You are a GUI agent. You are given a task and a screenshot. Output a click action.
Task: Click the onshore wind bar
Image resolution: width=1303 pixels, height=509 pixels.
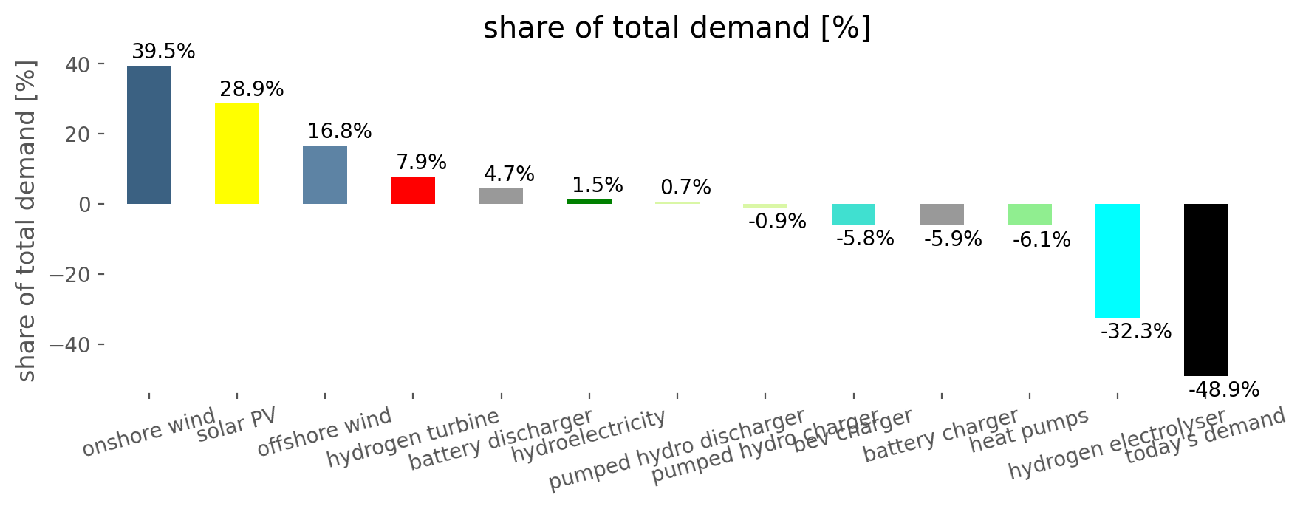[148, 134]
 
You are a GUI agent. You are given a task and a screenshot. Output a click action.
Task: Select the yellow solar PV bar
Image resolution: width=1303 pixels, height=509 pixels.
[237, 153]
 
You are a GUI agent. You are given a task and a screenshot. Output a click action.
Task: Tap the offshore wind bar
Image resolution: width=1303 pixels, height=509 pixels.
[325, 174]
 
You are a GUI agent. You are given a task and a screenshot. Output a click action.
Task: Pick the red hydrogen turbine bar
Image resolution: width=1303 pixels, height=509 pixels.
[413, 190]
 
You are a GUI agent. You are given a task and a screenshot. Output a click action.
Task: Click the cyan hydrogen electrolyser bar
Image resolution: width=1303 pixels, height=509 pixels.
[1117, 260]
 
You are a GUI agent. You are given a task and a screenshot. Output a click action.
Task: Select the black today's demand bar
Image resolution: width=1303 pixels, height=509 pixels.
[1205, 290]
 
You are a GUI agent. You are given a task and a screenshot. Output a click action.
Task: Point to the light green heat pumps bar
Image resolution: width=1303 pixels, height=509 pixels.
[1029, 214]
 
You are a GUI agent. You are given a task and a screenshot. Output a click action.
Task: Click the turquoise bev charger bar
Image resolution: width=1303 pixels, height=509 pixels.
[853, 213]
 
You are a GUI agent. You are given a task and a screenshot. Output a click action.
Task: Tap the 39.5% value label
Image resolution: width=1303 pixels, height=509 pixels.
[163, 52]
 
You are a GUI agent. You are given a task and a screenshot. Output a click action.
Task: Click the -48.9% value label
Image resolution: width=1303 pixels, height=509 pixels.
[1223, 390]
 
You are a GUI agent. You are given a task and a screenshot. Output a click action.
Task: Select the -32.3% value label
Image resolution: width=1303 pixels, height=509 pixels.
[1135, 331]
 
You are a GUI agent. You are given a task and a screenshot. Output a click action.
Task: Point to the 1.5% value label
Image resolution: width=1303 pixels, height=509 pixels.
[597, 185]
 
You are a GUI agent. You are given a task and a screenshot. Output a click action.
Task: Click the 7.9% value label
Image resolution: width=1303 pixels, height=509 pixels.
[421, 162]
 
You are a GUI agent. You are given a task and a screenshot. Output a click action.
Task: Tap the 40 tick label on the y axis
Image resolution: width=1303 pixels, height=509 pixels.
[78, 65]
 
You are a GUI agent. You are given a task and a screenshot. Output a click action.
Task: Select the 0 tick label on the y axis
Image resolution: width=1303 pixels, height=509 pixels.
[85, 205]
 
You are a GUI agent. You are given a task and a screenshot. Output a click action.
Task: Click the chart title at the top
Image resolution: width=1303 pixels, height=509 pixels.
[677, 28]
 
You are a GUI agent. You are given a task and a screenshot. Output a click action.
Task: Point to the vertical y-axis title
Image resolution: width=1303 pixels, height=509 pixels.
[26, 222]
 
